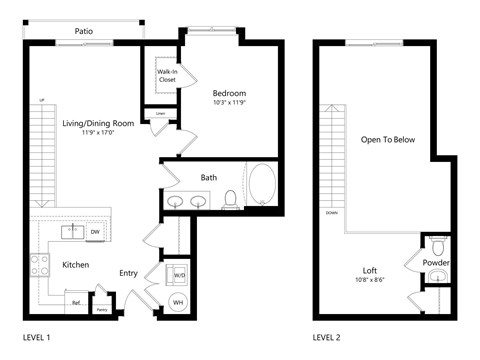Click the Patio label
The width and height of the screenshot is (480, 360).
(84, 32)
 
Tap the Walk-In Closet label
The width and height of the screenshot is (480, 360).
(167, 76)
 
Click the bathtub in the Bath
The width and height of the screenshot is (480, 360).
(264, 186)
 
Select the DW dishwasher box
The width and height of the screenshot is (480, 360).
(95, 232)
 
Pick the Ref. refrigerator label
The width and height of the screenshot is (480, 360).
(74, 301)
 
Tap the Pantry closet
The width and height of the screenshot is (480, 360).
(101, 309)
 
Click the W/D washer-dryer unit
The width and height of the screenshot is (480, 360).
(178, 274)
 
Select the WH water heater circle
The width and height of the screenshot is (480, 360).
(178, 302)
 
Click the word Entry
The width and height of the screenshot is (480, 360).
(129, 273)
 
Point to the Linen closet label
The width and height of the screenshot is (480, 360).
(160, 113)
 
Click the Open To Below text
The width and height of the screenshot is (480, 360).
(388, 140)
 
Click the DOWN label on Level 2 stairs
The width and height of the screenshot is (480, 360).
(331, 213)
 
